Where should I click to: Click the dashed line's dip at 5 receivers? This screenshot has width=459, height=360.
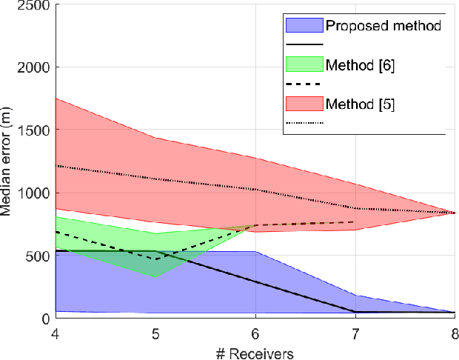coord(155,259)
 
